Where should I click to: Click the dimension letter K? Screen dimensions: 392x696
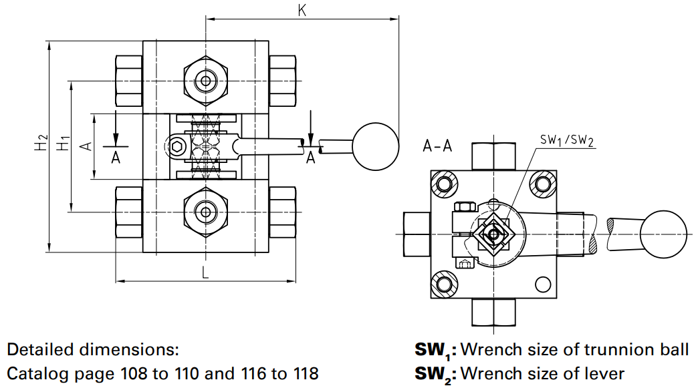[x=302, y=11]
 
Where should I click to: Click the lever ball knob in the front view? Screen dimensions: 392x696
[x=376, y=146]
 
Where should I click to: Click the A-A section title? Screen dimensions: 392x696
[x=438, y=146]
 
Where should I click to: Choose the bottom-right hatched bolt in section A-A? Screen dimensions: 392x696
[x=548, y=285]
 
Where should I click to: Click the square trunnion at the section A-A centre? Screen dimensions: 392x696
[x=493, y=234]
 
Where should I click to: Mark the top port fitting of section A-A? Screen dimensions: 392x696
[x=495, y=156]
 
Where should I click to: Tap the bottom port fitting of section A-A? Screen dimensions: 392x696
[x=495, y=312]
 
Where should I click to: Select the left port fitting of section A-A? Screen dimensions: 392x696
[x=417, y=234]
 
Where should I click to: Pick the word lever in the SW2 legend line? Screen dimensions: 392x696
[x=606, y=373]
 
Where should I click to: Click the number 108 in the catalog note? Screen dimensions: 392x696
[x=138, y=373]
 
